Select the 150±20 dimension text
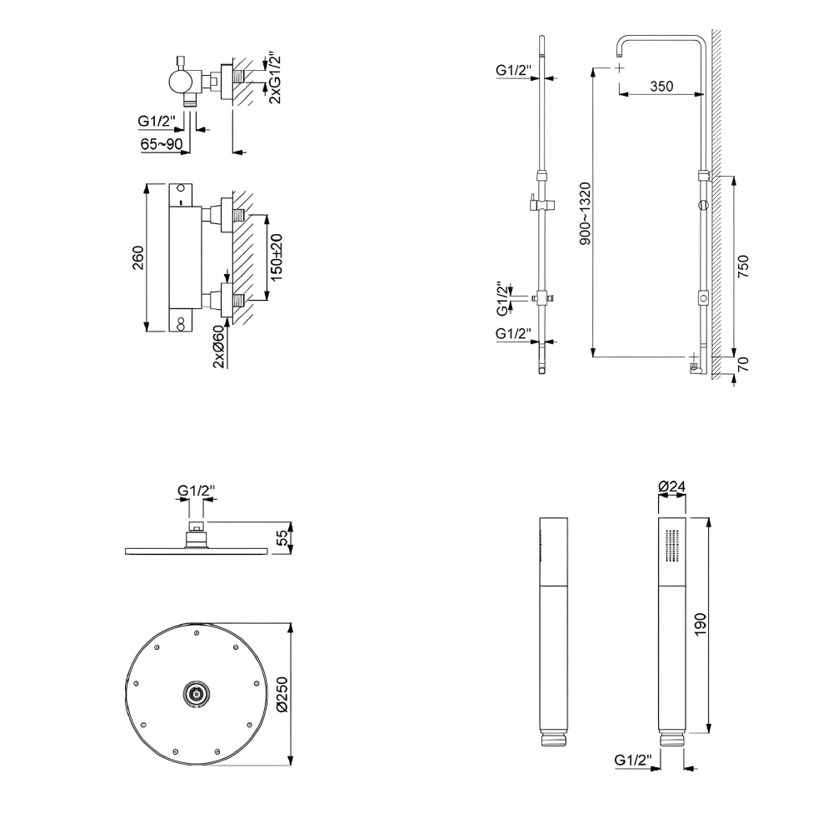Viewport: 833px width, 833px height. pyautogui.click(x=277, y=256)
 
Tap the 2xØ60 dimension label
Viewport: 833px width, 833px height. pyautogui.click(x=218, y=346)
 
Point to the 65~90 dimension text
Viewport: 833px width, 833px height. pyautogui.click(x=162, y=144)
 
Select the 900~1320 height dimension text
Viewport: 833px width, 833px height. pyautogui.click(x=585, y=213)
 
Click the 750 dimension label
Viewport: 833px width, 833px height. pyautogui.click(x=744, y=266)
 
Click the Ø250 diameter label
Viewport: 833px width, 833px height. pyautogui.click(x=282, y=692)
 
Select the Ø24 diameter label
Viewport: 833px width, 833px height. pyautogui.click(x=671, y=486)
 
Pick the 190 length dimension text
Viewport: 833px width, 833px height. pyautogui.click(x=700, y=623)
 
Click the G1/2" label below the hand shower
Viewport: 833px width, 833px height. pyautogui.click(x=632, y=760)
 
